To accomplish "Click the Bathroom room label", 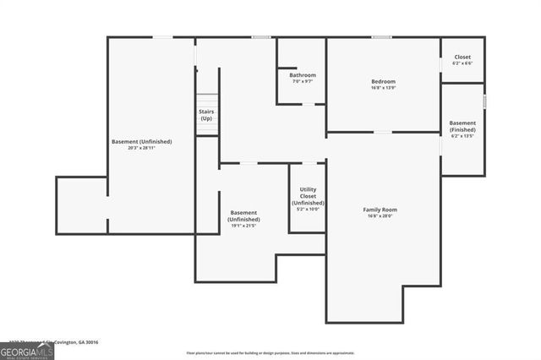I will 303,75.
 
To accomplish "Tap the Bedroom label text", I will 383,81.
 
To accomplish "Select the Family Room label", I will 380,210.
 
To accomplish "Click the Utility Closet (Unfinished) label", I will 308,197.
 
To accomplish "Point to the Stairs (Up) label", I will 206,115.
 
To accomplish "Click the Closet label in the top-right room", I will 462,57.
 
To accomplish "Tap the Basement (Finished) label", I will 462,126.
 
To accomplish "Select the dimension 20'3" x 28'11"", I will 141,148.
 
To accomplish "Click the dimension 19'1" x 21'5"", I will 243,226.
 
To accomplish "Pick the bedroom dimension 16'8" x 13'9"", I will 383,88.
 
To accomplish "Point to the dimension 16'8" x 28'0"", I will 380,216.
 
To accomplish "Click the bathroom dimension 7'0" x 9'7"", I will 303,82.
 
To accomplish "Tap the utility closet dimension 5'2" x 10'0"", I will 308,210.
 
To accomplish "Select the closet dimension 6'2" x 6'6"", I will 462,63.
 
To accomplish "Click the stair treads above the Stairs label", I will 206,99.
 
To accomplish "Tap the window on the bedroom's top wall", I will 382,37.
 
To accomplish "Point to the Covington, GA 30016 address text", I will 77,342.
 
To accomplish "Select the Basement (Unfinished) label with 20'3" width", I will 141,141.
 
